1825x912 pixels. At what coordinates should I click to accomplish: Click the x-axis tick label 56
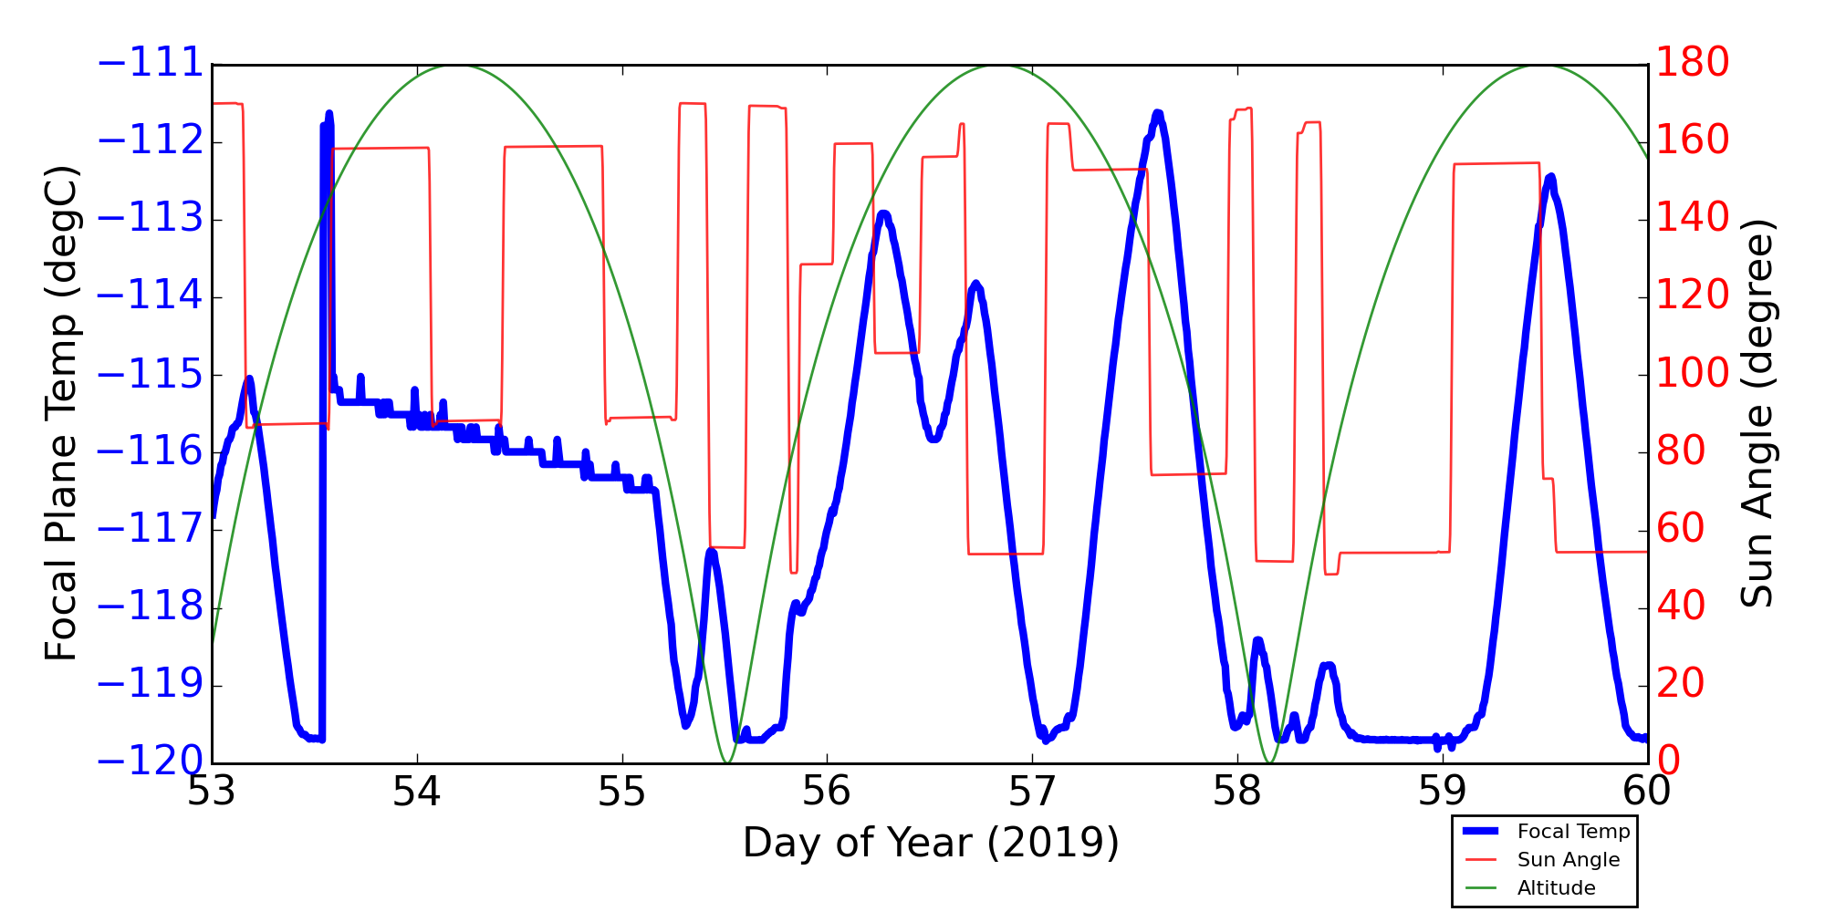[827, 792]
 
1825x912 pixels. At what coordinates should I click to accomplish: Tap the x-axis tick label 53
[212, 792]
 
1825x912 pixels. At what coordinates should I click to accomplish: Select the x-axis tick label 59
[1442, 792]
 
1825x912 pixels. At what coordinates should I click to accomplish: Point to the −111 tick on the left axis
[151, 64]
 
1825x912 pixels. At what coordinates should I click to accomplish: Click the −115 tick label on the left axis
[151, 375]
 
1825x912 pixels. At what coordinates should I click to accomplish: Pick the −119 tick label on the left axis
[151, 686]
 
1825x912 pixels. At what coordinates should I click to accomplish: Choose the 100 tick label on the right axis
[1693, 373]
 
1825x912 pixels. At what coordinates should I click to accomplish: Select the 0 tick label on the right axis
[1668, 762]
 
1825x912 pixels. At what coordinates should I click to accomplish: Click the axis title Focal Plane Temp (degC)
[61, 413]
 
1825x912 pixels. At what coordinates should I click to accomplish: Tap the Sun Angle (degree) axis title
[1756, 413]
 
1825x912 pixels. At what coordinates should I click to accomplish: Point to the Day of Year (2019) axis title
[930, 843]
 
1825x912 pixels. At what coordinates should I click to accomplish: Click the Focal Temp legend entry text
[1573, 832]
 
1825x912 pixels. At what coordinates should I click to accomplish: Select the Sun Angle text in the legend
[1569, 860]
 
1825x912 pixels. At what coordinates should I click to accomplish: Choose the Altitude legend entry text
[1557, 888]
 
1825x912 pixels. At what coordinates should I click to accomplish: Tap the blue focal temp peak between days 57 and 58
[1158, 113]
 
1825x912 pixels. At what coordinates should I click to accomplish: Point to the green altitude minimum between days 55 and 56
[726, 762]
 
